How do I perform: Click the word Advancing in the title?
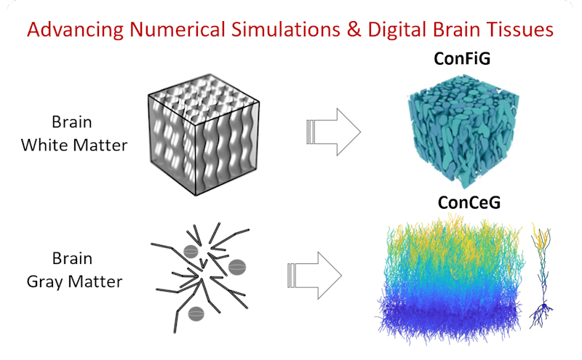click(75, 30)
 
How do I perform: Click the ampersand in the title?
click(354, 29)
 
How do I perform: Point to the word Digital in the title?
click(396, 30)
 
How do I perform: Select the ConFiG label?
click(462, 59)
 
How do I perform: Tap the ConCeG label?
click(469, 202)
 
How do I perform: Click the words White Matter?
click(74, 145)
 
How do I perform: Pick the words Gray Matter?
click(75, 281)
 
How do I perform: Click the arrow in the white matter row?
click(333, 132)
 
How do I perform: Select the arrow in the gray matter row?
click(314, 276)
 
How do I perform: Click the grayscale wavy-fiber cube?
click(204, 135)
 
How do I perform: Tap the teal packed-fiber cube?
click(463, 131)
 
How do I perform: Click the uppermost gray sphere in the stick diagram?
click(191, 252)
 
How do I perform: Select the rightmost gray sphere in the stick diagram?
click(237, 267)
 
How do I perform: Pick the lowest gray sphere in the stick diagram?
click(196, 314)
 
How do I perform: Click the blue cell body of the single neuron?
click(543, 305)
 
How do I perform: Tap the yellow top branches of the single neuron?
click(541, 235)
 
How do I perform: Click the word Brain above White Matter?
click(72, 122)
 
